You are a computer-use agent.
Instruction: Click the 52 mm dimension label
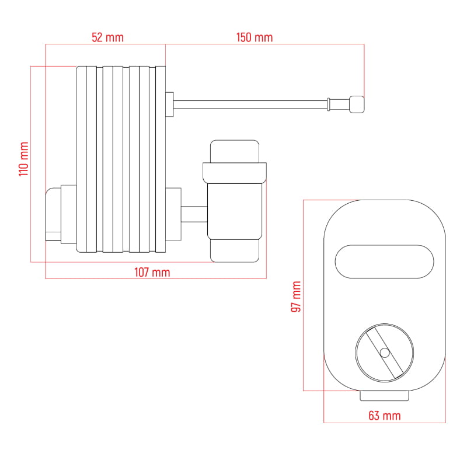coord(107,37)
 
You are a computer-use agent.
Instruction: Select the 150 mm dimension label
coord(255,37)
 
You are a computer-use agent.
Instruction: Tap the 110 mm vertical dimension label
coord(24,159)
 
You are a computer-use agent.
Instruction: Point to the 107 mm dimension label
coord(152,272)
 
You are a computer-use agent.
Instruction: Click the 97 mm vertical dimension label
coord(296,297)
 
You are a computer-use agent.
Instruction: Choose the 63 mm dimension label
coord(385,416)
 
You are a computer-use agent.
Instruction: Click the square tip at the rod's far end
coord(357,104)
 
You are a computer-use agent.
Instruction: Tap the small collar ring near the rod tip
coord(329,104)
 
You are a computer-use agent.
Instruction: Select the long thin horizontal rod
coord(250,104)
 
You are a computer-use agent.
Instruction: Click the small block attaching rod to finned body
coord(169,104)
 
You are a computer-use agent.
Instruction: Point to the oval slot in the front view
coord(385,262)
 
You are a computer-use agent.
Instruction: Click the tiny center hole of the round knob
coord(385,353)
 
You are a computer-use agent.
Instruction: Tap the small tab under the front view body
coord(385,396)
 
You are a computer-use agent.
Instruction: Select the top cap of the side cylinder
coord(235,151)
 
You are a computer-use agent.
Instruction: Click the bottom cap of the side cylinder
coord(235,251)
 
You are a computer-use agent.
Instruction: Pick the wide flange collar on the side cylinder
coord(235,173)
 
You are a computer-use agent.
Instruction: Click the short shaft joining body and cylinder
coord(194,214)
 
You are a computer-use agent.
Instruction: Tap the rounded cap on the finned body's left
coord(53,214)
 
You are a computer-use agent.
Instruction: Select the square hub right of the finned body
coord(173,214)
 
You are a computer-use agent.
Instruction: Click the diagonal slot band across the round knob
coord(385,353)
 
